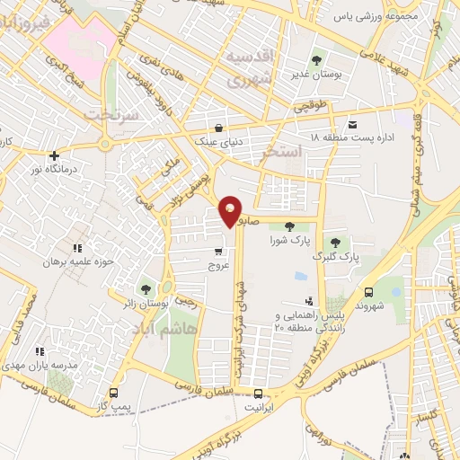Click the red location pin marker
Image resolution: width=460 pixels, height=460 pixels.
tap(230, 210)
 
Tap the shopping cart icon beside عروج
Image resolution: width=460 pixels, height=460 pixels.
tap(218, 252)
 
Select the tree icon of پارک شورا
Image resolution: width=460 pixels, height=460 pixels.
tap(289, 226)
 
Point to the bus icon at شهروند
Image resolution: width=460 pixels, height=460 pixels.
tap(369, 291)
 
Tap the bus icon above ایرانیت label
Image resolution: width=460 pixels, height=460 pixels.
tap(259, 393)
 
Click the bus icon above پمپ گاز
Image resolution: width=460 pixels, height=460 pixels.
tap(113, 393)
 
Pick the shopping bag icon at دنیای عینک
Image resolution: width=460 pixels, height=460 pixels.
tap(220, 128)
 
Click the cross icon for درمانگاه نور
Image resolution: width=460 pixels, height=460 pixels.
tap(56, 155)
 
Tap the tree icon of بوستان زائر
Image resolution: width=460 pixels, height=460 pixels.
tap(144, 289)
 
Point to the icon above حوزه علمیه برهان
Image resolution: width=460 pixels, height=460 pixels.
tap(77, 247)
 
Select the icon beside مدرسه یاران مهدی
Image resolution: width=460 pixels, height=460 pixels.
tap(39, 351)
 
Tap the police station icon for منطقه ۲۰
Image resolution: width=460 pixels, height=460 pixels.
tap(309, 303)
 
